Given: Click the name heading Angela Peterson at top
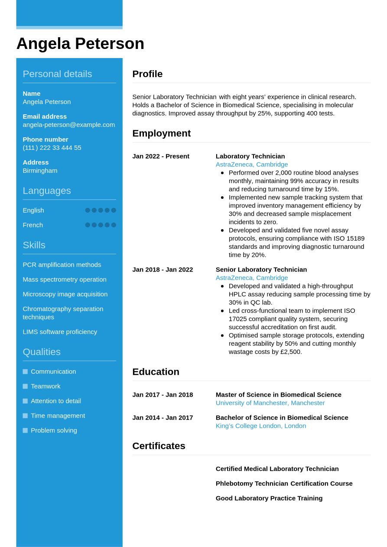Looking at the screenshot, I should point(80,44).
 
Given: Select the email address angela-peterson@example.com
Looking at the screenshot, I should point(68,125).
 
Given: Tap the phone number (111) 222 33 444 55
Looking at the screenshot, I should point(52,148).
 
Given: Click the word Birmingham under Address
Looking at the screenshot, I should point(40,171).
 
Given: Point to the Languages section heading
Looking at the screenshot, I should point(46,191).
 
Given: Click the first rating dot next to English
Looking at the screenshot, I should point(88,210).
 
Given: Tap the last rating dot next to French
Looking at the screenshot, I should point(114,225).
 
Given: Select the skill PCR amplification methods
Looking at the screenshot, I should point(62,265).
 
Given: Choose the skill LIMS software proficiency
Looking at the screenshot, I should point(60,332).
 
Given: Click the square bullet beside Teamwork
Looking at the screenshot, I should point(25,386).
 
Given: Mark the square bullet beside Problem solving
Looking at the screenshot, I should point(25,430).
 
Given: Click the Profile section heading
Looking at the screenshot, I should point(147,74).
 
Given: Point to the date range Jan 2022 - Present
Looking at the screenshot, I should point(161,156).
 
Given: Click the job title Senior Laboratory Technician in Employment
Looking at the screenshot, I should point(261,269).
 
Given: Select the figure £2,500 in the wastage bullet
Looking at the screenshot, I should point(291,352).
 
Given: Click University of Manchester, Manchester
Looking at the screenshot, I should point(270,403).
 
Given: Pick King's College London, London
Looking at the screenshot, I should point(260,426).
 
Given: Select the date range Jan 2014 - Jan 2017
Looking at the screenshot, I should point(163,418).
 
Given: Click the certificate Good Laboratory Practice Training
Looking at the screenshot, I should point(269,498).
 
